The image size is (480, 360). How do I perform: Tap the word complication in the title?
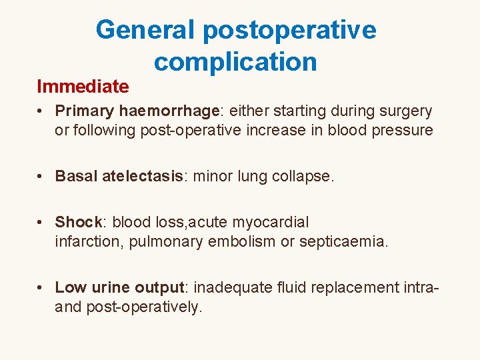tap(235, 62)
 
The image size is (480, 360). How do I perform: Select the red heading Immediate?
tap(83, 86)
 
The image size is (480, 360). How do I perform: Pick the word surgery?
tap(406, 111)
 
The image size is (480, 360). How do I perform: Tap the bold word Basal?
tap(76, 176)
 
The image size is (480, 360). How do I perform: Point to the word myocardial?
tap(270, 222)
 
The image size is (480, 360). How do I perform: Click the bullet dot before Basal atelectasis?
tap(41, 177)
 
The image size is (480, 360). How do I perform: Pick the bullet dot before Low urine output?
tap(41, 288)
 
